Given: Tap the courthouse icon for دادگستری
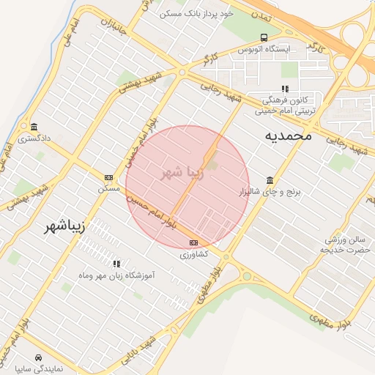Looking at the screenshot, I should [x=34, y=126].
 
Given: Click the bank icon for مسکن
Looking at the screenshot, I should [x=109, y=177].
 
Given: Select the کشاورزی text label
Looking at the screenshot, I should [x=194, y=253].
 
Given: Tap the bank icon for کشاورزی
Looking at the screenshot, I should [x=193, y=242].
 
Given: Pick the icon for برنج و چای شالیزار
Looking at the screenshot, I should [x=270, y=180].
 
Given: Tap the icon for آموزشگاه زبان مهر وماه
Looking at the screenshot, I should [x=116, y=263].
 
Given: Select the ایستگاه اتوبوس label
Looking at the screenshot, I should [x=264, y=48].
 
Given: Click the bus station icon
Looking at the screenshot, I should [x=264, y=37].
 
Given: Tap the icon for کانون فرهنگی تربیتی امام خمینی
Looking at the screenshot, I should [x=285, y=89].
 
